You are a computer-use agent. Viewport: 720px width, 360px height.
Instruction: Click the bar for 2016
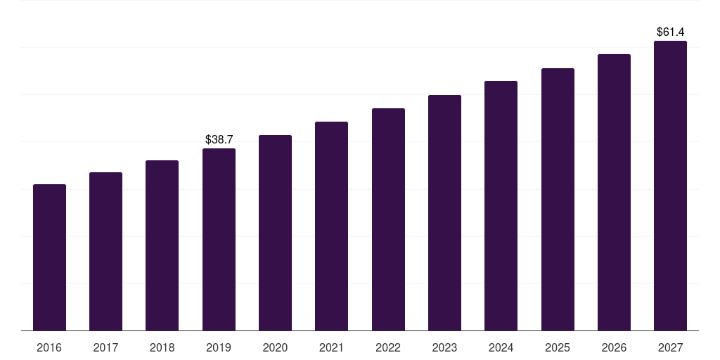49,257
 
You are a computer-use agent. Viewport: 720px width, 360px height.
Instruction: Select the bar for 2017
105,251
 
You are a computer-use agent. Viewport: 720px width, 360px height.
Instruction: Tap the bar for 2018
162,245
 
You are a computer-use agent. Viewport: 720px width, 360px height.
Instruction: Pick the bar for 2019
219,239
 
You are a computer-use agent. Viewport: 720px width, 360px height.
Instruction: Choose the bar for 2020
275,233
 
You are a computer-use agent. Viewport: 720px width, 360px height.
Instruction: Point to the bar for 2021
331,226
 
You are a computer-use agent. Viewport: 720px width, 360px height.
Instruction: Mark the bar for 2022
388,219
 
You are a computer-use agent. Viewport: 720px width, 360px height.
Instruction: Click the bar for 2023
444,212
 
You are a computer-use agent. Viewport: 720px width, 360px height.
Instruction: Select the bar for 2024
501,205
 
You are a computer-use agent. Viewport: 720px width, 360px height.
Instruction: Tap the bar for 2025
558,199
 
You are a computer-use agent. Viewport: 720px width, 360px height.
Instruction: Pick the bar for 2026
614,192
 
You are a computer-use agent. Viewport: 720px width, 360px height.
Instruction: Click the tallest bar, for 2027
670,186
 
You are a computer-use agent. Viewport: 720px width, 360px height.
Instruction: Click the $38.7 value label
219,140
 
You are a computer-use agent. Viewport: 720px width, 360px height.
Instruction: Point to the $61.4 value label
670,32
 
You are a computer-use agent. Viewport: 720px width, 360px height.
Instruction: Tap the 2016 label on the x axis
49,348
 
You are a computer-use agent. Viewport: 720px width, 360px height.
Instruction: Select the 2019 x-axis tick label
219,348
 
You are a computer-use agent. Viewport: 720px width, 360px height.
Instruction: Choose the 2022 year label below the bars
388,348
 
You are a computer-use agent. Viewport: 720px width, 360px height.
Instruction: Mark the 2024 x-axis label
501,348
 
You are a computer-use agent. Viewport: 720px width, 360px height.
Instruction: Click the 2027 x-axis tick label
670,348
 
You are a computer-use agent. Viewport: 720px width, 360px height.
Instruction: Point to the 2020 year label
275,348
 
